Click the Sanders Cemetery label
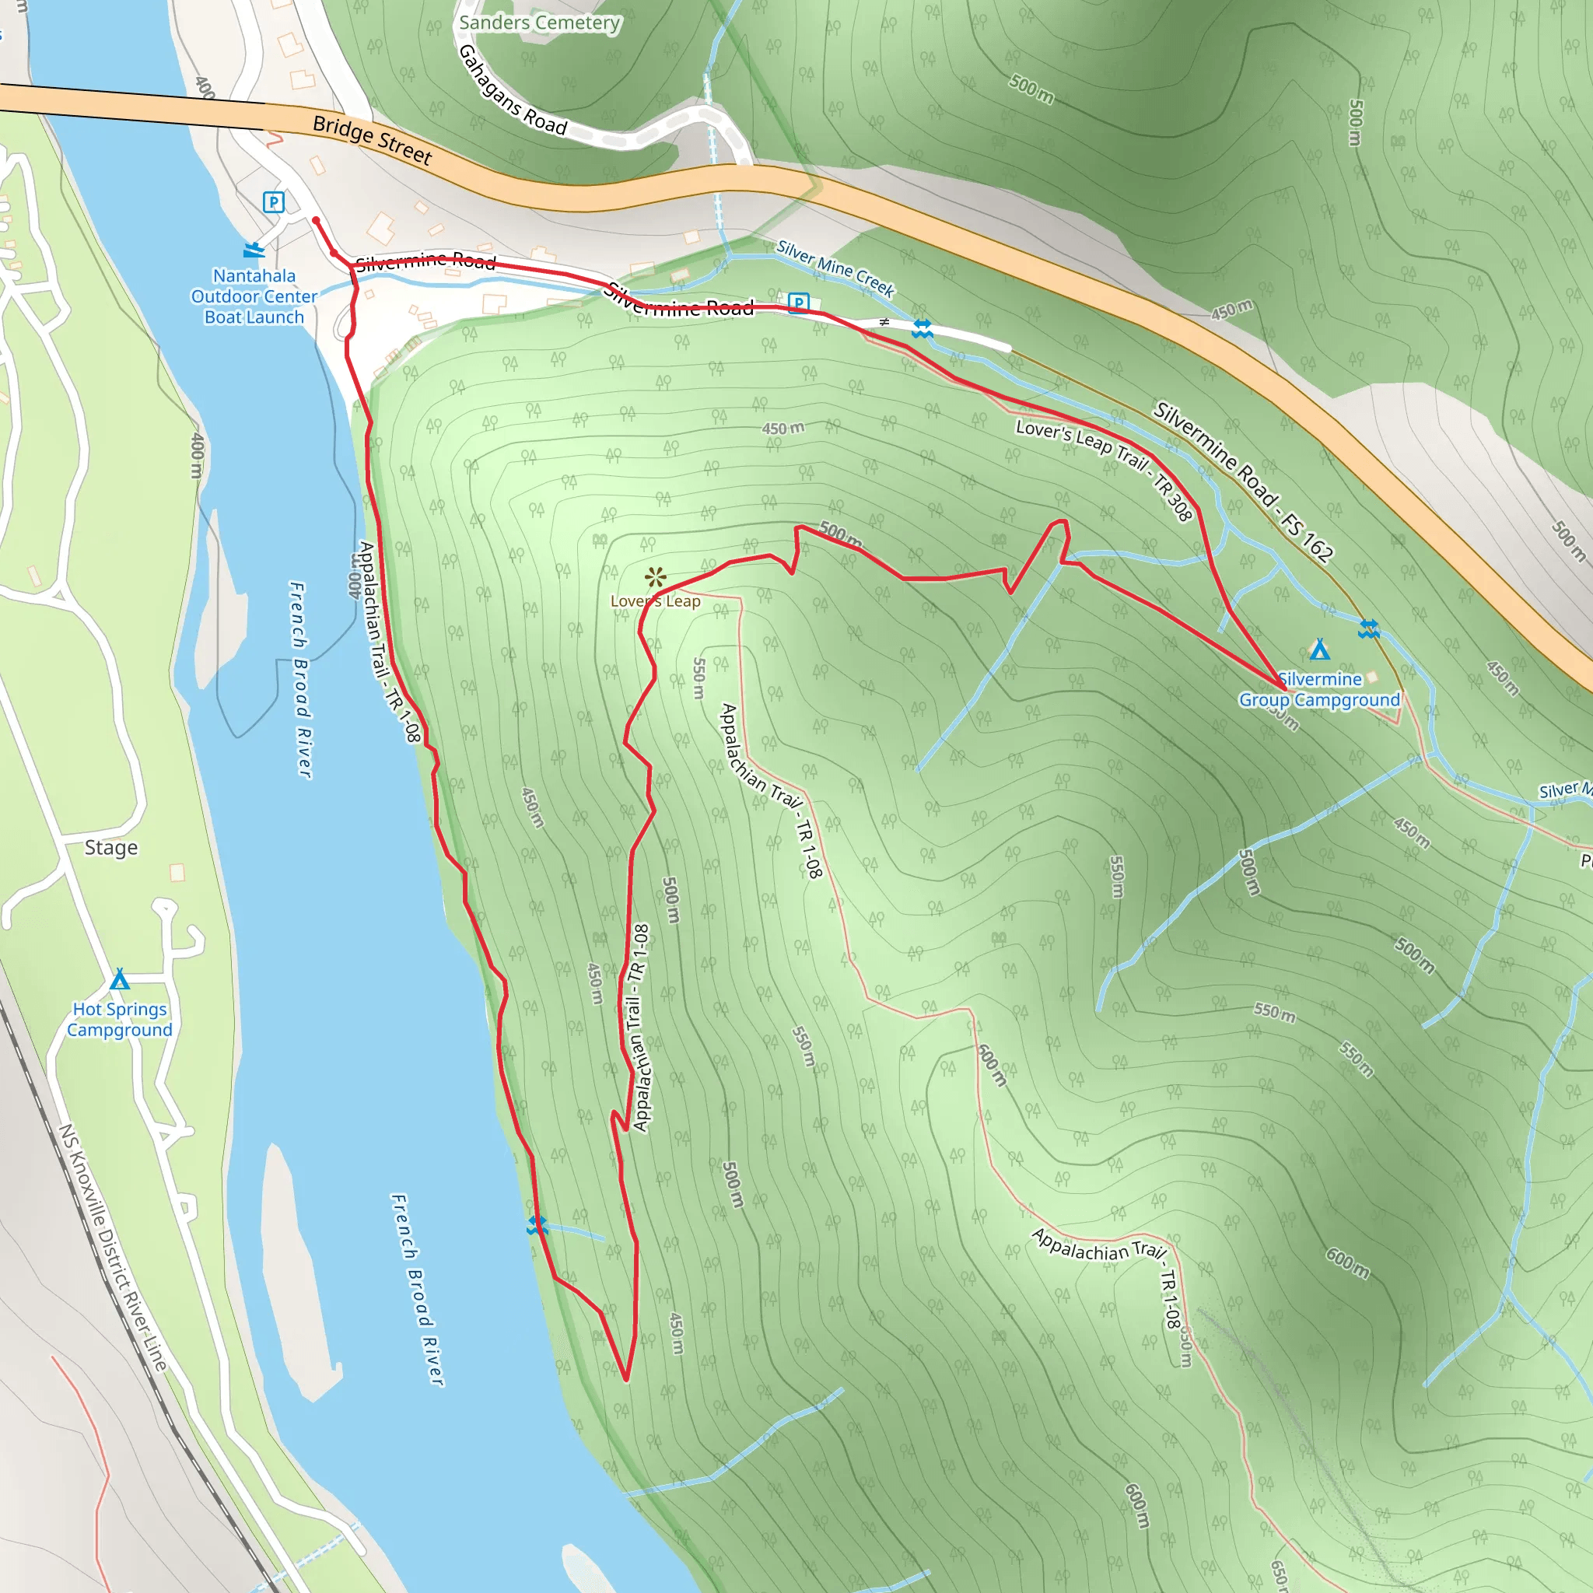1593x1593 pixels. pyautogui.click(x=539, y=23)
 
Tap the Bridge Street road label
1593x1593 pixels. pyautogui.click(x=372, y=139)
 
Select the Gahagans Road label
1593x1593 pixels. pyautogui.click(x=511, y=90)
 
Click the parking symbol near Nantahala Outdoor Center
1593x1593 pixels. pyautogui.click(x=274, y=202)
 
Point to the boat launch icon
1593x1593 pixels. pyautogui.click(x=254, y=249)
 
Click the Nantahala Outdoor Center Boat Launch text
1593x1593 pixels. pyautogui.click(x=254, y=296)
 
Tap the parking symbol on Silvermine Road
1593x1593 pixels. pyautogui.click(x=798, y=303)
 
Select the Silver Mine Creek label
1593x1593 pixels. pyautogui.click(x=835, y=269)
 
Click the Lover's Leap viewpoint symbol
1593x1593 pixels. pyautogui.click(x=656, y=577)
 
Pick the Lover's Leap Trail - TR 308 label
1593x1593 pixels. pyautogui.click(x=1104, y=469)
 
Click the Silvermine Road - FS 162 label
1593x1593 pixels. pyautogui.click(x=1244, y=481)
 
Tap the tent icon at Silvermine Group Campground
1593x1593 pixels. pyautogui.click(x=1319, y=649)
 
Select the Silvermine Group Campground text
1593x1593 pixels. pyautogui.click(x=1319, y=689)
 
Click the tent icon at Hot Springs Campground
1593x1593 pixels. pyautogui.click(x=121, y=979)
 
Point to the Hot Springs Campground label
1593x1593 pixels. pyautogui.click(x=120, y=1019)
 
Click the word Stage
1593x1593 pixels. pyautogui.click(x=111, y=848)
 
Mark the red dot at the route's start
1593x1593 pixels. pyautogui.click(x=316, y=220)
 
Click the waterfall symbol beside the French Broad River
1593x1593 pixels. pyautogui.click(x=537, y=1225)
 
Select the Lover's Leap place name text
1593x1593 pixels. pyautogui.click(x=656, y=601)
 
